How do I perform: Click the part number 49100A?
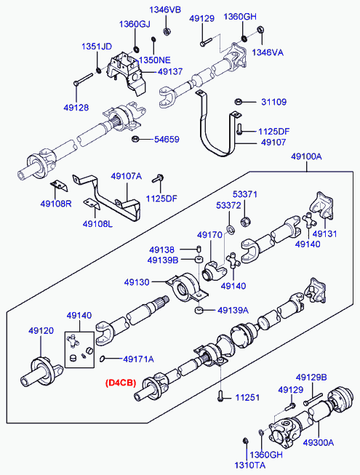[306, 156]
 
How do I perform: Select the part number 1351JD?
[96, 47]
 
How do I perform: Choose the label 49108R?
[55, 204]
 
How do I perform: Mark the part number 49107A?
[126, 176]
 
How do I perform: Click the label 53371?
[245, 194]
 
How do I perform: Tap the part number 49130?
[137, 282]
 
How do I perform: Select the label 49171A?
[138, 359]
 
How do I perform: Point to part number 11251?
[246, 398]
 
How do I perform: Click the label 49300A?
[319, 442]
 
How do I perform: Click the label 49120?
[41, 330]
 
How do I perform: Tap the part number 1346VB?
[165, 9]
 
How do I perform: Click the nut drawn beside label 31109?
[239, 101]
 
